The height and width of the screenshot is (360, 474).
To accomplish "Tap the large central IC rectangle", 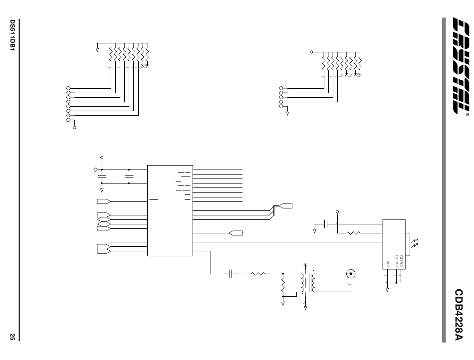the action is point(170,210).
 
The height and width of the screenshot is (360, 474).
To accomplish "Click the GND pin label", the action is point(387,263).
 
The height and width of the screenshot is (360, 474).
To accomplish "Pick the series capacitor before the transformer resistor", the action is point(231,273).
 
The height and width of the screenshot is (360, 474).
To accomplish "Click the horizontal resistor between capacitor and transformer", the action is point(259,273).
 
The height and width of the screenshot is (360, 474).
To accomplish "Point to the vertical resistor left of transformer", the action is point(283,286).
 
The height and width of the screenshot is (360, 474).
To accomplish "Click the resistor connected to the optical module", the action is point(353,232).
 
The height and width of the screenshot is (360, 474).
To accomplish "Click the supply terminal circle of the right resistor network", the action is point(311,51).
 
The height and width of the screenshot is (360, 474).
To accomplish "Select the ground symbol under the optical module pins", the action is point(387,288).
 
